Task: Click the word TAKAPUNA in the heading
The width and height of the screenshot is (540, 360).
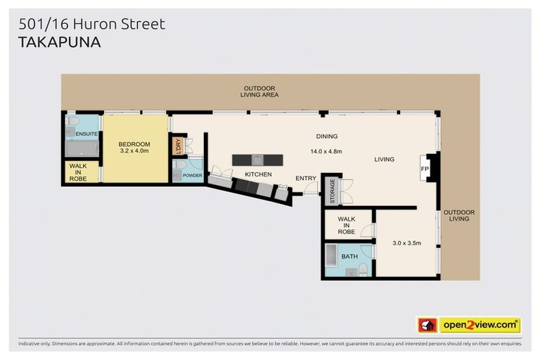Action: tap(58, 42)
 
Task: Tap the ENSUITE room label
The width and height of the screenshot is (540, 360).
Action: tap(87, 134)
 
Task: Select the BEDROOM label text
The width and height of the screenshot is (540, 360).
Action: tap(135, 144)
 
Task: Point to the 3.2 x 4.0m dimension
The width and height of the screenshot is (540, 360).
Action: tap(135, 152)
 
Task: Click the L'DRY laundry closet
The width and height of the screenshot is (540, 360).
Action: tap(177, 146)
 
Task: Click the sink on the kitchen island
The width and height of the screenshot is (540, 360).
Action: tap(258, 159)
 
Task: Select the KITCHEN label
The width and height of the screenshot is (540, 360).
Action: tap(258, 174)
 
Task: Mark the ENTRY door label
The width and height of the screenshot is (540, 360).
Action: tap(306, 179)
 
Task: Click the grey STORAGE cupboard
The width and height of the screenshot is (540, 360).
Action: tap(332, 191)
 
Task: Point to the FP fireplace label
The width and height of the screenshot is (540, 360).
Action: tap(425, 169)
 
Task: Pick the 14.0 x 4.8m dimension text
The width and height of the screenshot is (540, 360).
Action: tap(326, 151)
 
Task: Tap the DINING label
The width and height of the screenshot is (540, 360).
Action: tap(326, 136)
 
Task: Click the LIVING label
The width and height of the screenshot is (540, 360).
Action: tap(384, 160)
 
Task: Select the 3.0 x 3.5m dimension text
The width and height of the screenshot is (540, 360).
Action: tap(406, 243)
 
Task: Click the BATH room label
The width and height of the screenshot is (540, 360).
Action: tap(349, 257)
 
